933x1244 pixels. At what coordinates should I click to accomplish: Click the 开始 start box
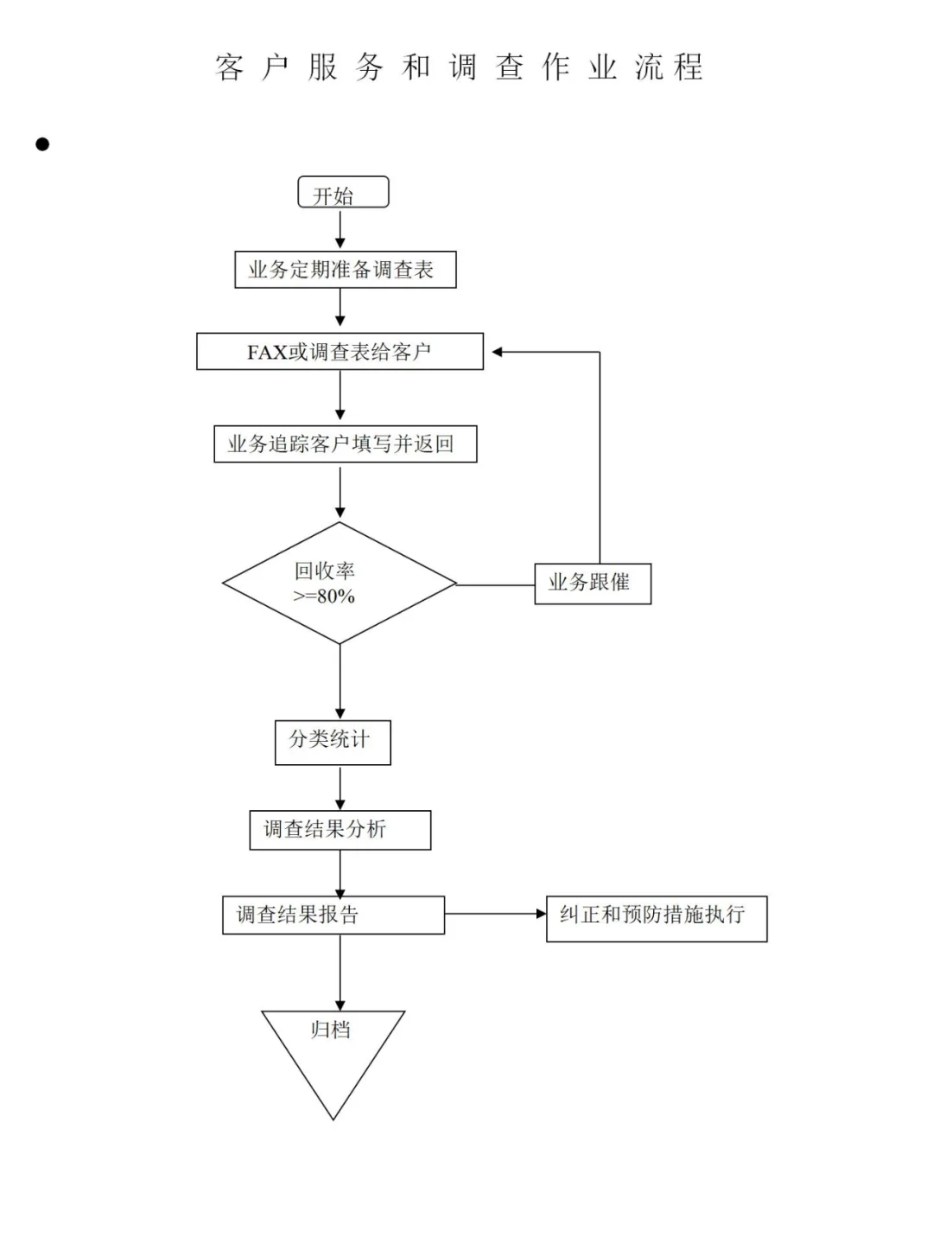(x=343, y=193)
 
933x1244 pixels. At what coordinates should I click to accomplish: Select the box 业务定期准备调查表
(x=345, y=270)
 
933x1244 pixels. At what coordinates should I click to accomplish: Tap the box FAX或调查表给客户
(x=340, y=352)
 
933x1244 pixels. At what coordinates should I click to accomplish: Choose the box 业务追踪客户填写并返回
(x=345, y=443)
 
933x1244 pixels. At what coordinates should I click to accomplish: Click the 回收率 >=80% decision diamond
(x=339, y=584)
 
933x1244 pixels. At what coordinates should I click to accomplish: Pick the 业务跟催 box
(x=592, y=584)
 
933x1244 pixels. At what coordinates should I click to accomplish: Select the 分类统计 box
(x=333, y=742)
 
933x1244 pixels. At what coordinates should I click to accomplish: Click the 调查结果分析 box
(x=340, y=830)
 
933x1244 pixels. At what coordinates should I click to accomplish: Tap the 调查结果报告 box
(x=333, y=915)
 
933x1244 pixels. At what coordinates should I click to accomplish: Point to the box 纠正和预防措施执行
(x=656, y=918)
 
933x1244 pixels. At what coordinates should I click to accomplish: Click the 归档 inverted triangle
(x=333, y=1046)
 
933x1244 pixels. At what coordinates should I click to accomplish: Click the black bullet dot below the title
(x=42, y=144)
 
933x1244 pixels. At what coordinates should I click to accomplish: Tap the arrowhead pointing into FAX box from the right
(x=498, y=352)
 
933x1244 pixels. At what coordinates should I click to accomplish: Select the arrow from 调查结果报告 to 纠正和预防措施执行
(x=495, y=914)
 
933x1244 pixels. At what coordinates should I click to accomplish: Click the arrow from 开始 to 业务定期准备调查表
(x=340, y=230)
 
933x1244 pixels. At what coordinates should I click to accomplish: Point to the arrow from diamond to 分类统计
(x=340, y=682)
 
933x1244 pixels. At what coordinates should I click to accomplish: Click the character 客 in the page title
(x=230, y=67)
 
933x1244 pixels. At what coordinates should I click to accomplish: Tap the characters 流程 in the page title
(x=669, y=67)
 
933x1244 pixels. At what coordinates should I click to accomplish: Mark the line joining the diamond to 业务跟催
(x=495, y=585)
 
